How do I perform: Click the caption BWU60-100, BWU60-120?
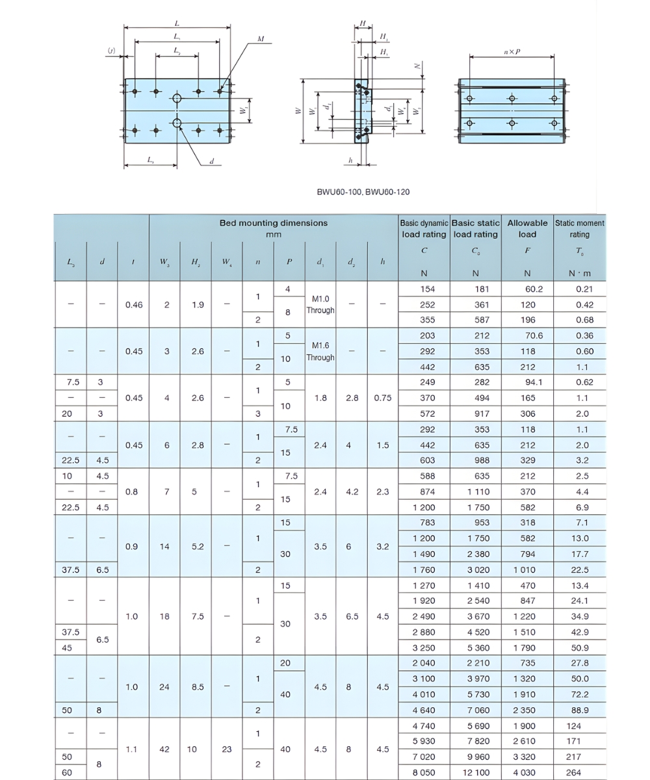363,192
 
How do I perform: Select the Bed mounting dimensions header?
273,227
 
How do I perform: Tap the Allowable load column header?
527,228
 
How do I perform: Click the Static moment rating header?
579,228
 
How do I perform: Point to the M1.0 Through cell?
320,304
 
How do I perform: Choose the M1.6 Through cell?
320,351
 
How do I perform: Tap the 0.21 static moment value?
580,289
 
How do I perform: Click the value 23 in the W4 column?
227,749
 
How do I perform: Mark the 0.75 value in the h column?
383,398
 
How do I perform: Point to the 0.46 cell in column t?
133,304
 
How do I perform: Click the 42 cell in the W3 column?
165,749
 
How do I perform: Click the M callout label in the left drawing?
260,40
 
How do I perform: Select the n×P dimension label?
512,51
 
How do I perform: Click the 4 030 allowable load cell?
527,772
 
